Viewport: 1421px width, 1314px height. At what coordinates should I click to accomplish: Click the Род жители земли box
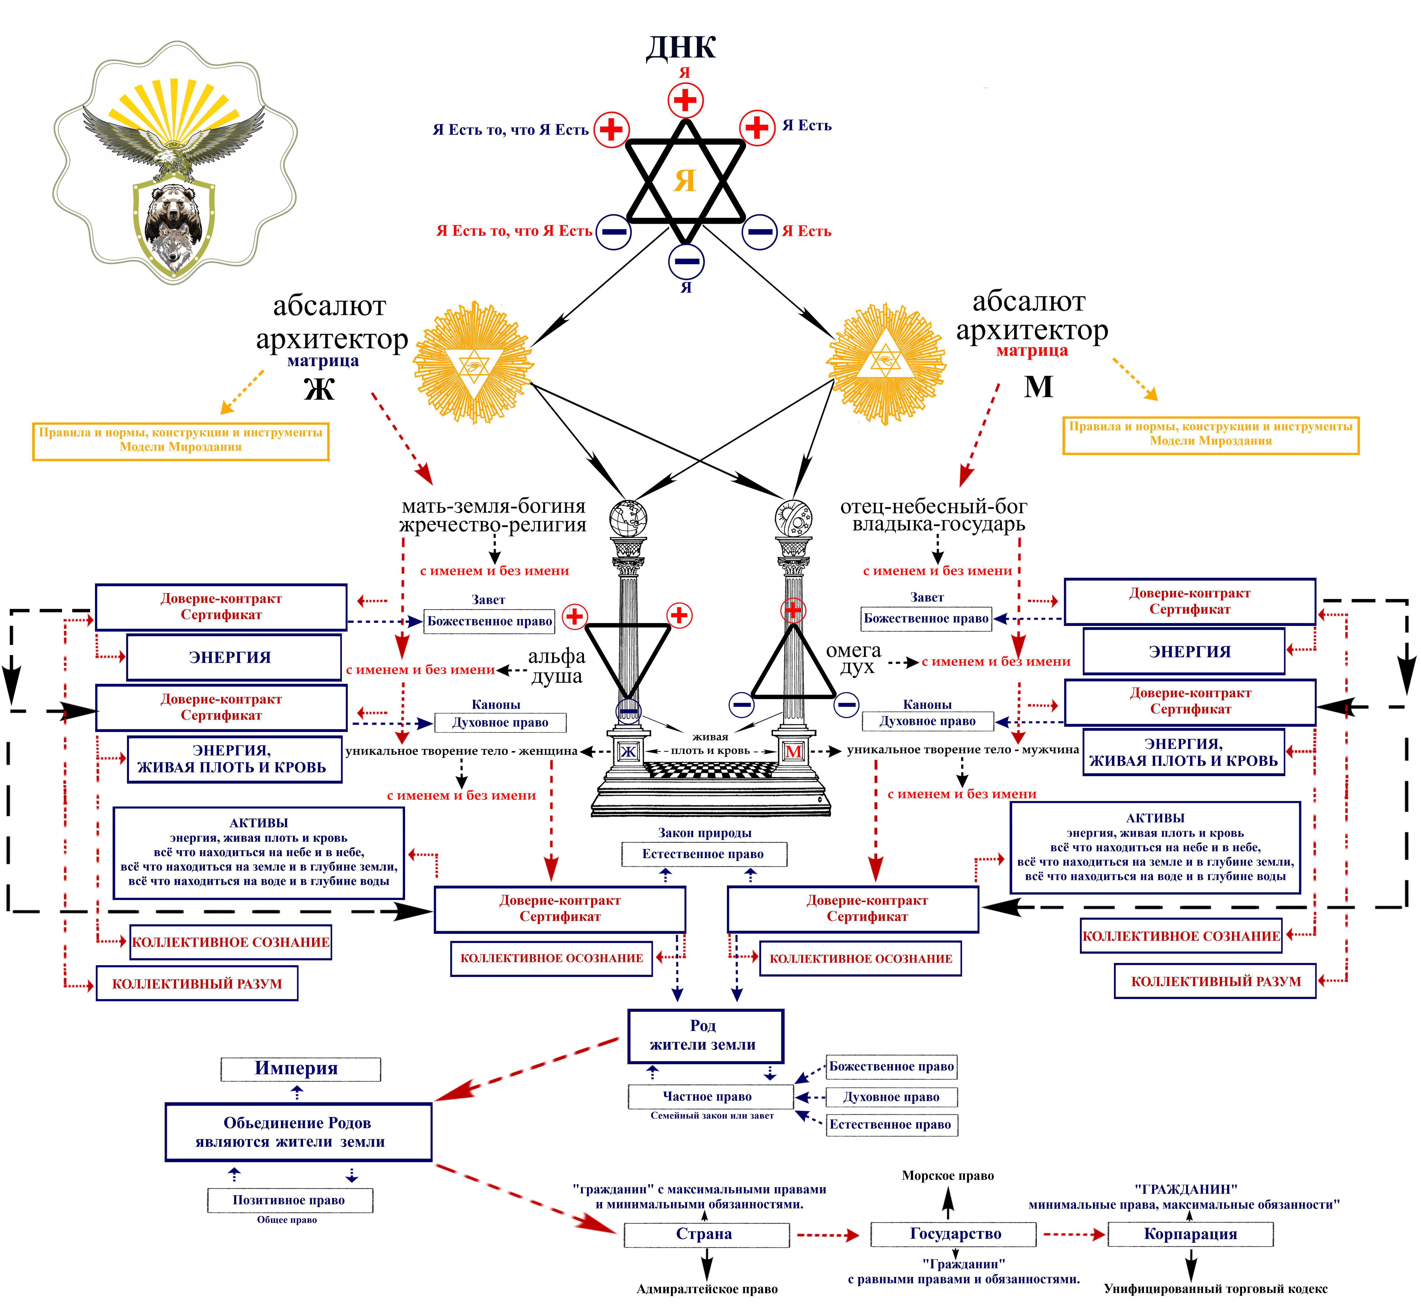click(705, 1035)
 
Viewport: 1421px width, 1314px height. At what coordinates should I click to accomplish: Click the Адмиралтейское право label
click(707, 1289)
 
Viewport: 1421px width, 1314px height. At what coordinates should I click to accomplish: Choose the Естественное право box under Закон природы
click(703, 854)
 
